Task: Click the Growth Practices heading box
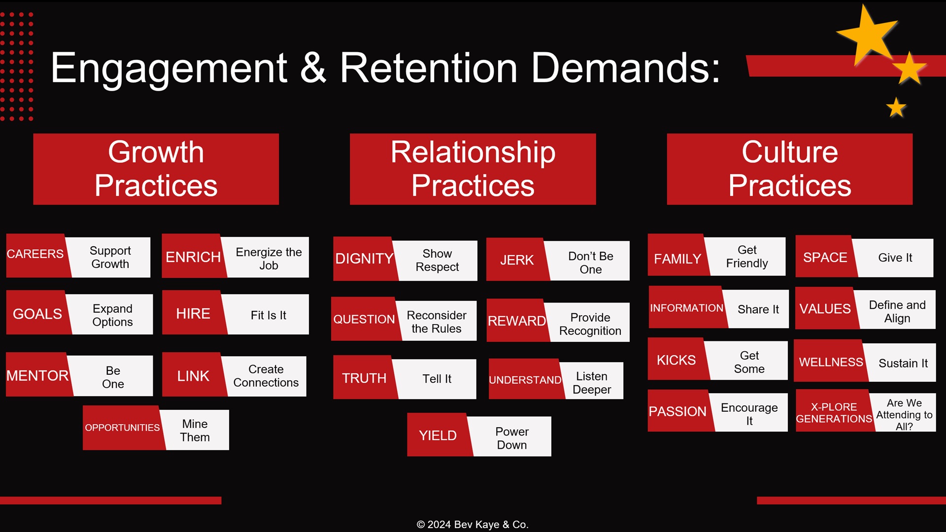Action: pyautogui.click(x=156, y=169)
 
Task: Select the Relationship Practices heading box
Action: pyautogui.click(x=473, y=169)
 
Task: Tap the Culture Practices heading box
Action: pyautogui.click(x=789, y=169)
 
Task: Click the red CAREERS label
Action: pyautogui.click(x=35, y=254)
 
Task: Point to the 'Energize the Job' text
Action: pyautogui.click(x=269, y=259)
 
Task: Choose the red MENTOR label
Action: pyautogui.click(x=37, y=375)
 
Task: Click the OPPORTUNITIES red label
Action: pyautogui.click(x=122, y=428)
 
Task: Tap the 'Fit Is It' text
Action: pyautogui.click(x=268, y=315)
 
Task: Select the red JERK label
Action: pyautogui.click(x=517, y=260)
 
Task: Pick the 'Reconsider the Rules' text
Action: pyautogui.click(x=437, y=322)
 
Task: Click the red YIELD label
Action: pyautogui.click(x=438, y=435)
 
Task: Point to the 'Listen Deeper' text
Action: pyautogui.click(x=592, y=383)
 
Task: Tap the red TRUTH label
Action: pyautogui.click(x=364, y=378)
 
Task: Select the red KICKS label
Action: pyautogui.click(x=676, y=360)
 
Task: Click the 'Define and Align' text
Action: pyautogui.click(x=897, y=311)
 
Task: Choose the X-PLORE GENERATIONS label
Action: pyautogui.click(x=834, y=413)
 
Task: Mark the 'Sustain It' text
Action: pyautogui.click(x=903, y=364)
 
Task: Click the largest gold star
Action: pyautogui.click(x=868, y=35)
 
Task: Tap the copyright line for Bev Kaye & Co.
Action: pyautogui.click(x=473, y=525)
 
